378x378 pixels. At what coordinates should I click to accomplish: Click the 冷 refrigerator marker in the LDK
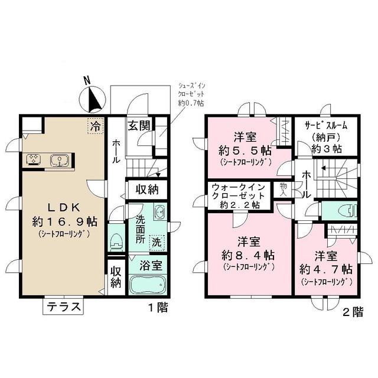click(94, 125)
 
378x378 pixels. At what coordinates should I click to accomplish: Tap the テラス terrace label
click(64, 308)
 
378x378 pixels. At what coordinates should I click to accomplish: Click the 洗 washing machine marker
click(156, 241)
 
